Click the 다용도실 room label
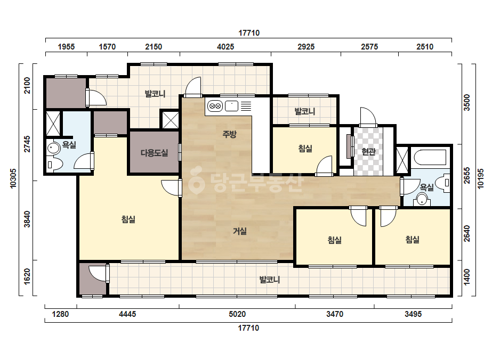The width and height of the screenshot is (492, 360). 155,153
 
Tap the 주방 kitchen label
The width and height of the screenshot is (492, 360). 229,135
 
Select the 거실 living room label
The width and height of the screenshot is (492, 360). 240,232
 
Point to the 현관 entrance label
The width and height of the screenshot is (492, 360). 368,152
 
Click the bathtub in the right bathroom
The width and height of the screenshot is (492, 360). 430,158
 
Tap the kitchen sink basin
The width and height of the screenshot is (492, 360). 231,106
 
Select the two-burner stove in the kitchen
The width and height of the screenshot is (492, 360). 215,106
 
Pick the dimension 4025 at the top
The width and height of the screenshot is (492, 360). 225,47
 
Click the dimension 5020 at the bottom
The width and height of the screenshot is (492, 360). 237,314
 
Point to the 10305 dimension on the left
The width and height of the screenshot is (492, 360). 13,178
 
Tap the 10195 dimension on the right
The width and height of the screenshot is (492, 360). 481,179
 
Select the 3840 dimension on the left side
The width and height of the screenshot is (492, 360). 27,219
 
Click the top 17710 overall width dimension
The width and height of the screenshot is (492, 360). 249,33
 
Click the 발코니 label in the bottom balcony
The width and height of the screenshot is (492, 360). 270,280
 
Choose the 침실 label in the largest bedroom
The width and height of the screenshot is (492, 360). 128,219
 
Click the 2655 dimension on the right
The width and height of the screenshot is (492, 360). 467,176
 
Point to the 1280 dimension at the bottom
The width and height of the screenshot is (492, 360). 60,314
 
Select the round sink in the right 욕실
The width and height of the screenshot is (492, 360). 422,200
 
